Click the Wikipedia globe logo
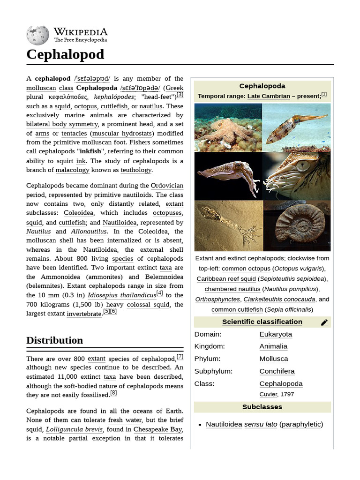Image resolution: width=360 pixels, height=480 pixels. pos(37,35)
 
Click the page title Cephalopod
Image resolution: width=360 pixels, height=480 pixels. pos(65,54)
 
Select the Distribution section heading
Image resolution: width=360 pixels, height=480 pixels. pos(54,340)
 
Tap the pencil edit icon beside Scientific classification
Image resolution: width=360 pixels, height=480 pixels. pos(324,322)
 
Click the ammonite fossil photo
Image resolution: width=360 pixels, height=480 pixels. pos(297,226)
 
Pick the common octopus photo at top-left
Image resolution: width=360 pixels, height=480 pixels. pos(228,127)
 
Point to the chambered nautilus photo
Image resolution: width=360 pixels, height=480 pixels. pos(297,176)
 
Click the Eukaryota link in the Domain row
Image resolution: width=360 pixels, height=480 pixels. pos(276,334)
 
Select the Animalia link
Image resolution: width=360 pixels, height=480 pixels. pos(273,346)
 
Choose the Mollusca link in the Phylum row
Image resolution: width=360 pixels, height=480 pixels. pos(274,359)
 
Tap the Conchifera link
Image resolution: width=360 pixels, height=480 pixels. pos(277,371)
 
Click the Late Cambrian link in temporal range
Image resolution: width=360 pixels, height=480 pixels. pos(269,96)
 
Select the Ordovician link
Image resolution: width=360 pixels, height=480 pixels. pos(167,186)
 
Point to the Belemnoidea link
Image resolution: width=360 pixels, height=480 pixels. pos(165,277)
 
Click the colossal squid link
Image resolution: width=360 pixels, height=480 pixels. pos(149,304)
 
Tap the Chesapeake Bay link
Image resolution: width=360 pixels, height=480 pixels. pos(158,429)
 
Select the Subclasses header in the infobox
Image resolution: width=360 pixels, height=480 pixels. pos(262,406)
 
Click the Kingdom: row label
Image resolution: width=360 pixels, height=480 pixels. pos(210,346)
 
